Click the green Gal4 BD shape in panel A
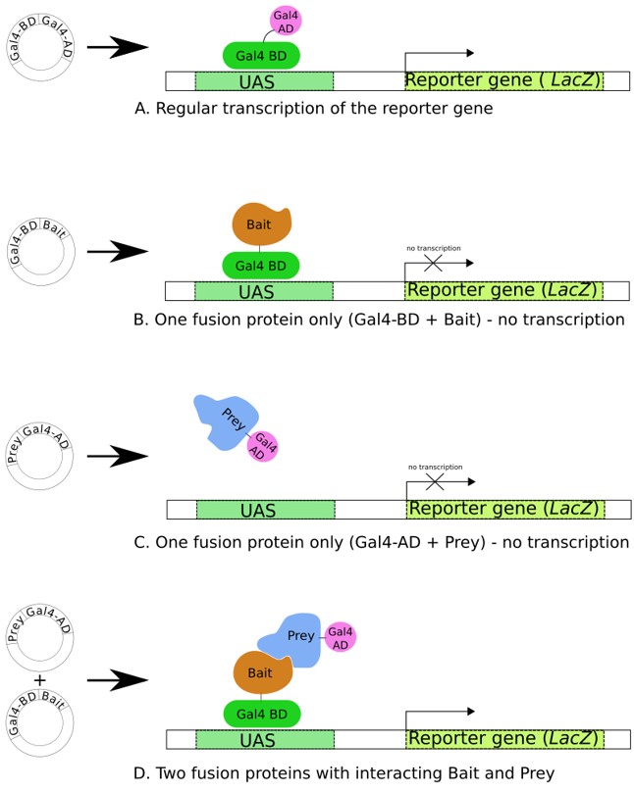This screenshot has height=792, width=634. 261,55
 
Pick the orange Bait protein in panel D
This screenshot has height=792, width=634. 262,674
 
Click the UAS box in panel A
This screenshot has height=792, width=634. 264,81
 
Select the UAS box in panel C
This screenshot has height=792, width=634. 265,510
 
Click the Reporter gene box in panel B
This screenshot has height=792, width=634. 503,290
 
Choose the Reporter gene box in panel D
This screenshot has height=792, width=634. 504,738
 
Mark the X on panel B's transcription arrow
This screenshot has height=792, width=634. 432,264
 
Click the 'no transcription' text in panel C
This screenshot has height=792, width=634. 435,467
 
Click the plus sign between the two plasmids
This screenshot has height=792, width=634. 39,679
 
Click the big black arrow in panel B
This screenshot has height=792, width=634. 117,252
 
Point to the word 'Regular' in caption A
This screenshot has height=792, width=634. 192,109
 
